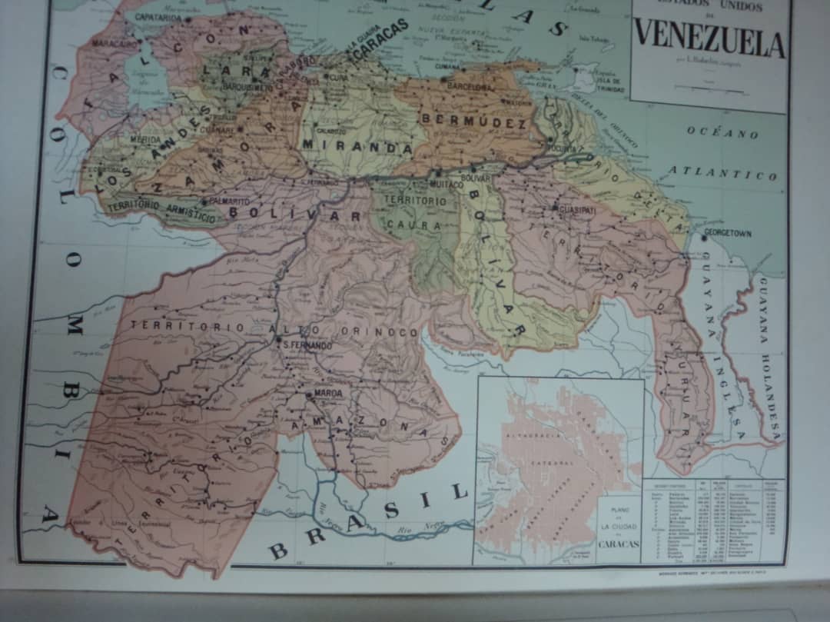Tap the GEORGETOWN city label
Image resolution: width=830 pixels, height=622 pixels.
coord(727,233)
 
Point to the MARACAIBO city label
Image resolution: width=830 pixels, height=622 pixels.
coord(114,44)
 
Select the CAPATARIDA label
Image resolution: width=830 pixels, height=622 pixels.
coord(158,17)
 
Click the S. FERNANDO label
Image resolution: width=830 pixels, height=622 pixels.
coord(307,346)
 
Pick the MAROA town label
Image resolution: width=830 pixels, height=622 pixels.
coord(327,393)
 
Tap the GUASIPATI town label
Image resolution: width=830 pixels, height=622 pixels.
coord(576,209)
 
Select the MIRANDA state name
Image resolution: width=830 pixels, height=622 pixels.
coord(357,145)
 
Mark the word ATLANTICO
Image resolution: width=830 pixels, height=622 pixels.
coord(722,173)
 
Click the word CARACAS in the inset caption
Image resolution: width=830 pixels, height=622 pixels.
coord(619,544)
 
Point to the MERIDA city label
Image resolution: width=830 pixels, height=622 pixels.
coord(145,140)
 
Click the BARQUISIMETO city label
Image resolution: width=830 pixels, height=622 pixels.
coord(248,87)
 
